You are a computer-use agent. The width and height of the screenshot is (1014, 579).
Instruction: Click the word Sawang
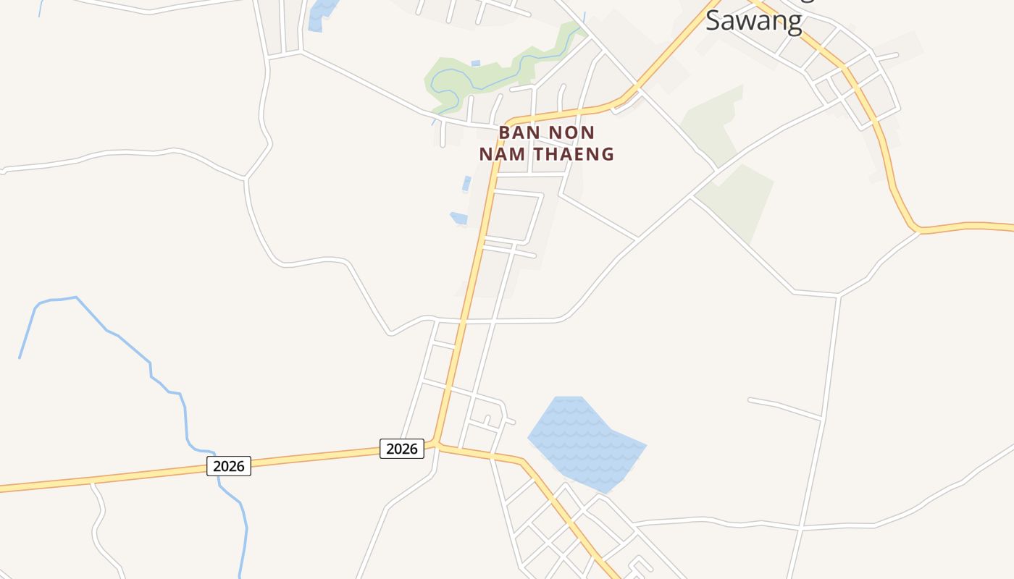[x=754, y=20]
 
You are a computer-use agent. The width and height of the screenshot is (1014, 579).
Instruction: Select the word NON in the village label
[x=571, y=133]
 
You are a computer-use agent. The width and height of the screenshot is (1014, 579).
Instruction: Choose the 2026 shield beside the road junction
[x=402, y=449]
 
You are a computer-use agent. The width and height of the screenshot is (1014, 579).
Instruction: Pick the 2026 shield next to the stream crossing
[x=229, y=466]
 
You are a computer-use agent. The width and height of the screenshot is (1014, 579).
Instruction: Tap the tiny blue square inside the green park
[x=475, y=64]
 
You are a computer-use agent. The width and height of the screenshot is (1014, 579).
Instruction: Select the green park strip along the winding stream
[x=500, y=72]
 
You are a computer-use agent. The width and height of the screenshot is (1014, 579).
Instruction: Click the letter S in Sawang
[x=713, y=20]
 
